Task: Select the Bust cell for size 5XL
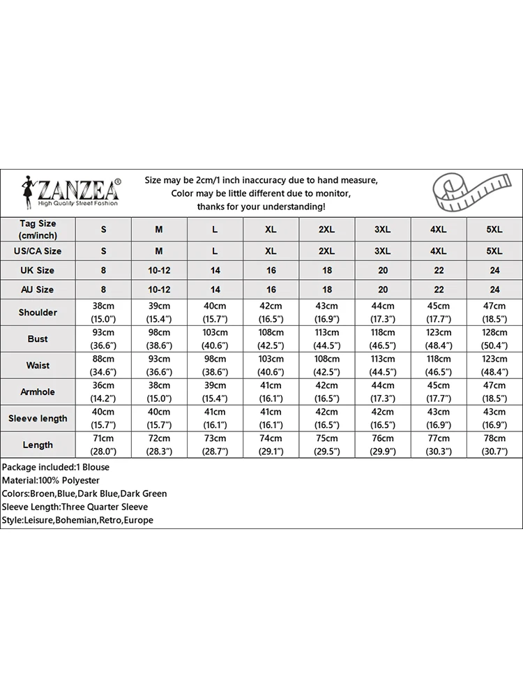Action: (x=494, y=339)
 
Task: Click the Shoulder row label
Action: (x=38, y=312)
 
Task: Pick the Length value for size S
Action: (x=103, y=445)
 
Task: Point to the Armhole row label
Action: (x=38, y=392)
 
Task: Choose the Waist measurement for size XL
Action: (x=271, y=365)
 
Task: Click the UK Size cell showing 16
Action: (x=271, y=270)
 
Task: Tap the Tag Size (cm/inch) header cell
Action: (x=38, y=229)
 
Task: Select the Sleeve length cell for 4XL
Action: (x=438, y=418)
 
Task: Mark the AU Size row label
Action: (x=38, y=289)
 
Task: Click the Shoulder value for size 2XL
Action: (x=326, y=312)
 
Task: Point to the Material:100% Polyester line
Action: (x=51, y=480)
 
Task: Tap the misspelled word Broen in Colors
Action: (x=43, y=493)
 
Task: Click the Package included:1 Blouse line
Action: (x=56, y=467)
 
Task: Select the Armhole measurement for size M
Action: (x=159, y=392)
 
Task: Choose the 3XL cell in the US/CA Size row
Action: (x=382, y=251)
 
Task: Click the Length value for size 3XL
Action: (x=382, y=445)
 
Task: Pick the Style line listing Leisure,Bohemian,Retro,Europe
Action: (x=77, y=520)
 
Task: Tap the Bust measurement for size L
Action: (x=215, y=339)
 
